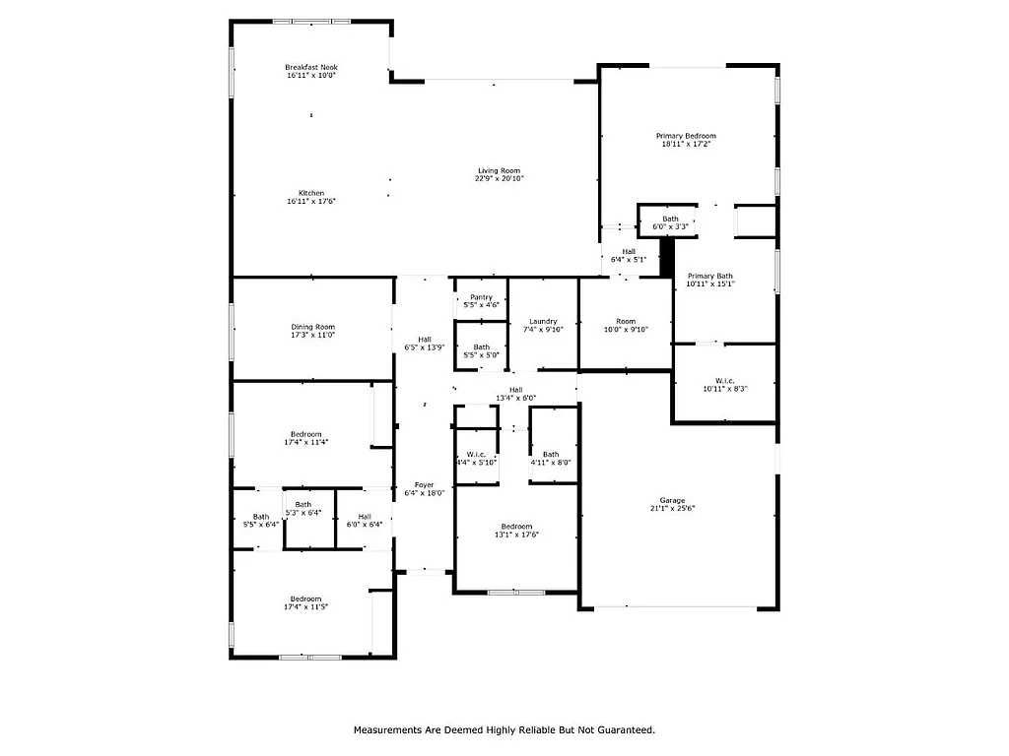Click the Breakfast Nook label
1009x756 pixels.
pyautogui.click(x=311, y=67)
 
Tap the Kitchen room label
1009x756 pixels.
pyautogui.click(x=311, y=193)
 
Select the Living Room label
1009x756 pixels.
pyautogui.click(x=499, y=170)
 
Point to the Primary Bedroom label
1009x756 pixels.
pyautogui.click(x=686, y=136)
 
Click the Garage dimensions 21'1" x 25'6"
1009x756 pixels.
pyautogui.click(x=672, y=509)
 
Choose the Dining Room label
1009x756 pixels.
pyautogui.click(x=312, y=327)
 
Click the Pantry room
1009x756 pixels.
pyautogui.click(x=481, y=297)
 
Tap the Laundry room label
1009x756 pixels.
pyautogui.click(x=543, y=321)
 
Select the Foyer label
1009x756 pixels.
pyautogui.click(x=424, y=484)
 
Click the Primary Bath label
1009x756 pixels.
pyautogui.click(x=710, y=276)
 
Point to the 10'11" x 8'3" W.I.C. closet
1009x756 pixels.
pyautogui.click(x=724, y=384)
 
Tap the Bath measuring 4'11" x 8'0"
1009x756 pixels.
pyautogui.click(x=551, y=458)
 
